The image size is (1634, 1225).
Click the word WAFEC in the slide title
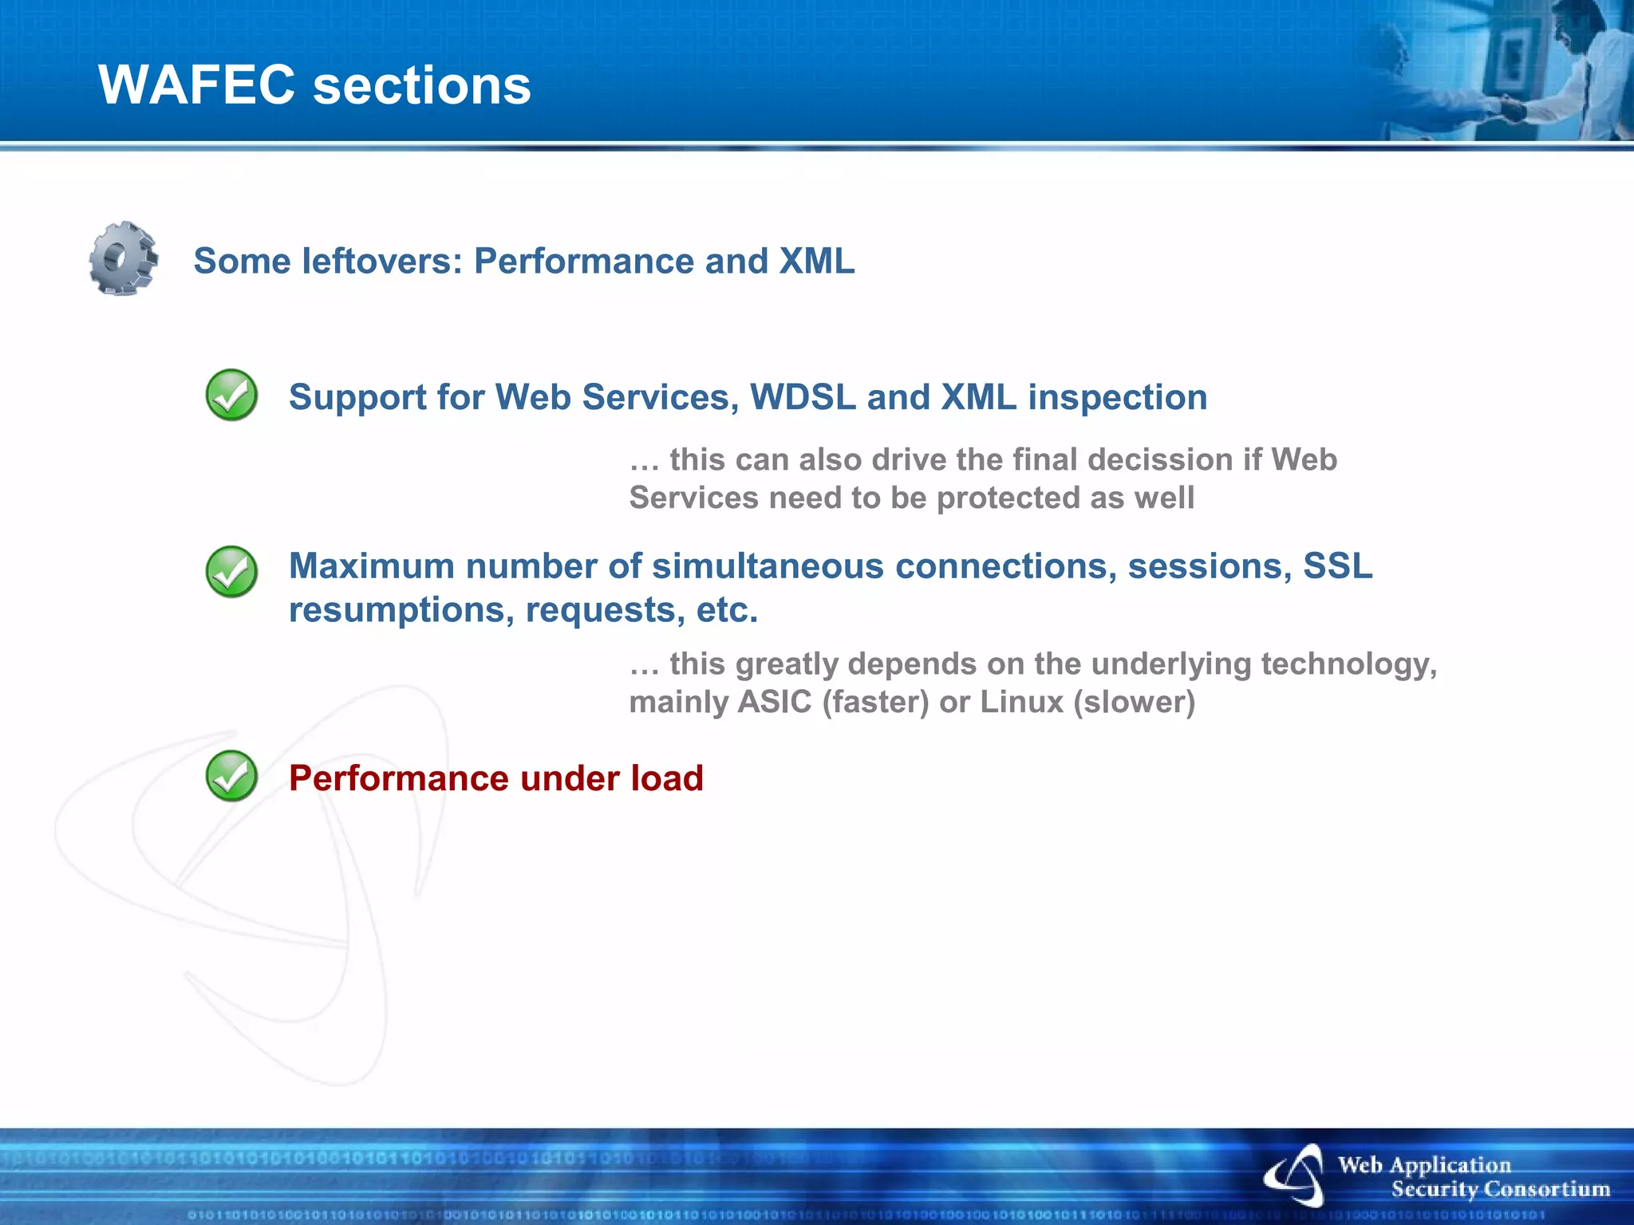[x=196, y=85]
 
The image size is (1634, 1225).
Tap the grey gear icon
[x=123, y=258]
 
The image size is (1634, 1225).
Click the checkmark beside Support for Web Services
[x=231, y=395]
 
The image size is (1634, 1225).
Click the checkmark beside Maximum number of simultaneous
[x=231, y=571]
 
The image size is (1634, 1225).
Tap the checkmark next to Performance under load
[x=231, y=776]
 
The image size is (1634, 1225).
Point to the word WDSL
[x=803, y=397]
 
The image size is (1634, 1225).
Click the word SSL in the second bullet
[x=1337, y=566]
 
